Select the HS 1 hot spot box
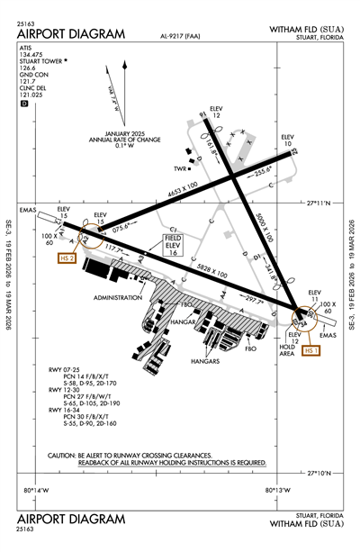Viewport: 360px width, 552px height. tap(312, 350)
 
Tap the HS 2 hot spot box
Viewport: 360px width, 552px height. tap(67, 258)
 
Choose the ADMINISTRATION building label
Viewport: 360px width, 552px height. tap(118, 297)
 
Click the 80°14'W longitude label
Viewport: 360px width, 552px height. tap(35, 490)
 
